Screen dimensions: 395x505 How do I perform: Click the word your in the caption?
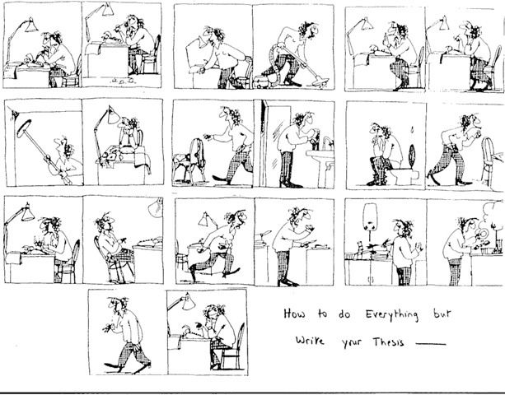[339, 342]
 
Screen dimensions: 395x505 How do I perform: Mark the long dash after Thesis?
[431, 342]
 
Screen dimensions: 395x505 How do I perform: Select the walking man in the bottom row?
[124, 329]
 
